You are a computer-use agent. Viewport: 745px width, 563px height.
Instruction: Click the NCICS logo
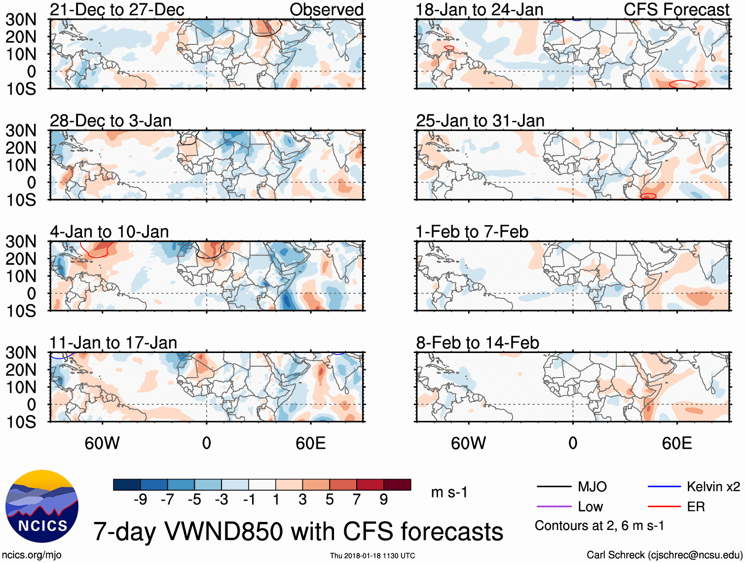click(41, 506)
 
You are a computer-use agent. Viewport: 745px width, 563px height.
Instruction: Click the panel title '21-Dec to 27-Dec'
click(117, 9)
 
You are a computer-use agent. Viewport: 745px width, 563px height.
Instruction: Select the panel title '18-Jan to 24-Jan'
click(480, 9)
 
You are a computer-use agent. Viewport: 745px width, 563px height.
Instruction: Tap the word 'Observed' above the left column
click(326, 9)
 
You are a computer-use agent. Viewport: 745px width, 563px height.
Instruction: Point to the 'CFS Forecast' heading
click(676, 9)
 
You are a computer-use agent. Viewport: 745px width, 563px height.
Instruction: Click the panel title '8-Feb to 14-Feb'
click(478, 343)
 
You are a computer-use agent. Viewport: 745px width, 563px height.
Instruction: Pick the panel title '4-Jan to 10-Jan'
click(110, 232)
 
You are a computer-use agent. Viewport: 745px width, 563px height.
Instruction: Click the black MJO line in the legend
click(554, 487)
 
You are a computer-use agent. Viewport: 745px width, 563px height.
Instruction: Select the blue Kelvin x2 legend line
click(664, 487)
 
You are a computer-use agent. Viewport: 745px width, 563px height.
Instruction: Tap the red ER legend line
click(664, 506)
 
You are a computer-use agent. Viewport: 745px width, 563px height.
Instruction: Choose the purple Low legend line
click(554, 506)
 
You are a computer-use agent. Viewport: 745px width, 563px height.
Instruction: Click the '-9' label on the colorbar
click(140, 500)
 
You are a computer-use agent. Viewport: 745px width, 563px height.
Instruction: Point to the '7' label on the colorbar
click(357, 500)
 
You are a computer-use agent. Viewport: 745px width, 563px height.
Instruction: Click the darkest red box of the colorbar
click(397, 485)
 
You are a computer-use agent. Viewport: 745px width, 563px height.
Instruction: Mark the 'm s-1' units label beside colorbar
click(449, 492)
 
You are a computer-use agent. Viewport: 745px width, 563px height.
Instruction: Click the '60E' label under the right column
click(676, 443)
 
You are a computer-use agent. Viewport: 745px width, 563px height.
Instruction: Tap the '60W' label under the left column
click(102, 443)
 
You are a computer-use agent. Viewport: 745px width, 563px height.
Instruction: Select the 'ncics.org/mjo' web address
click(32, 555)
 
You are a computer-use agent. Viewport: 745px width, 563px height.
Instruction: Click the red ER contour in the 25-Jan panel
click(648, 196)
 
